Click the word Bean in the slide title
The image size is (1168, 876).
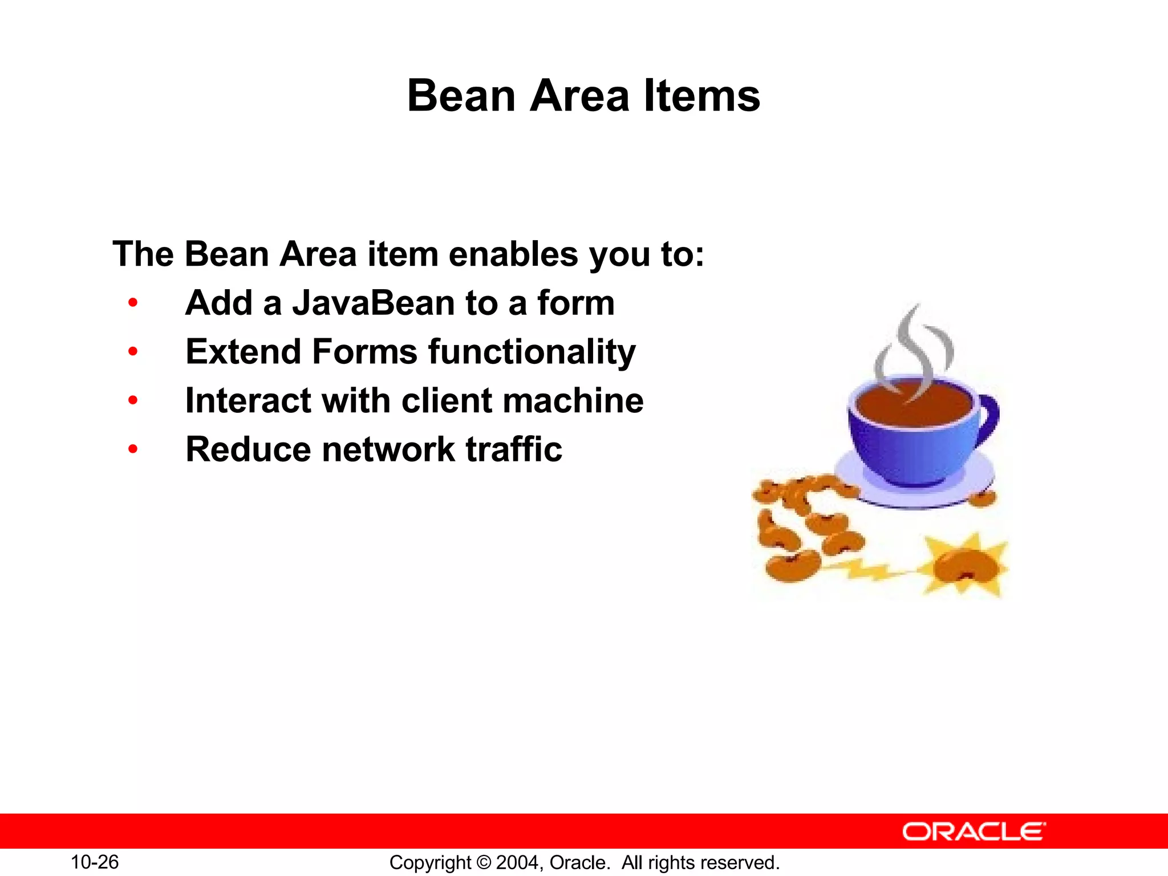coord(461,96)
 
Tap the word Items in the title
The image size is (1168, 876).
coord(702,96)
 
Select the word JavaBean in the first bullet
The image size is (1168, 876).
coord(373,303)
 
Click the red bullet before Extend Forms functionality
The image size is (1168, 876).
coord(133,352)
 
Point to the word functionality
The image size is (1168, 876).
coord(532,352)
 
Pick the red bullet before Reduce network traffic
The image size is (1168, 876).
coord(133,449)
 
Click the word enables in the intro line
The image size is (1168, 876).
coord(513,254)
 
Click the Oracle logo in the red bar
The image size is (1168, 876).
coord(974,832)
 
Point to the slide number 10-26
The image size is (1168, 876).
coord(95,862)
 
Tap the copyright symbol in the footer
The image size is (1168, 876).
coord(484,862)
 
